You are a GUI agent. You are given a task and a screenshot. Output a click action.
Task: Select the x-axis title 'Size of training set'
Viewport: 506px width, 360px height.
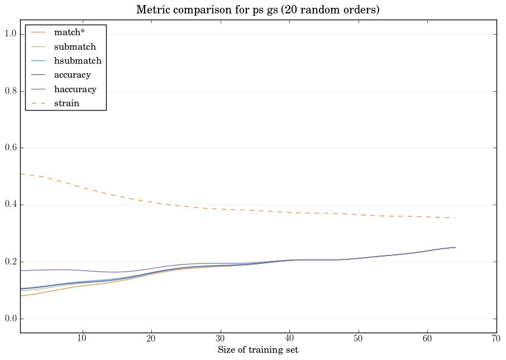(x=258, y=350)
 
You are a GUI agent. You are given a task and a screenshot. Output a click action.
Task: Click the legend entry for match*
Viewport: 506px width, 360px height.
(x=73, y=32)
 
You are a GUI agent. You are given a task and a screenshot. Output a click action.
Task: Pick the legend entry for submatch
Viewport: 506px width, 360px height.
(x=78, y=46)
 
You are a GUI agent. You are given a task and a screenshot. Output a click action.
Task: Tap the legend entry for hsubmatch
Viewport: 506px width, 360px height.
(x=81, y=60)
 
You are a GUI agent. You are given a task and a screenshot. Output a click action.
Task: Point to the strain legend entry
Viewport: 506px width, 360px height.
(x=70, y=103)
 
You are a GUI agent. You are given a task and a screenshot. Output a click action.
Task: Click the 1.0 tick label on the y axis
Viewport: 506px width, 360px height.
(x=11, y=34)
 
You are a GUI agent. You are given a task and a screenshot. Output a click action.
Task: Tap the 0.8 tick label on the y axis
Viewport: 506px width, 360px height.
(x=11, y=91)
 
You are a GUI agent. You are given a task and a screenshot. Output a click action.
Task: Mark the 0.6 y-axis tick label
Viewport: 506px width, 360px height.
(x=11, y=148)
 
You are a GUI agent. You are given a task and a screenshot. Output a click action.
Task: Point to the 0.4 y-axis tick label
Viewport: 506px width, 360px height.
(x=11, y=205)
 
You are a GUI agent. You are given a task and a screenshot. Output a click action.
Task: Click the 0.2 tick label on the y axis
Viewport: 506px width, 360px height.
(x=11, y=262)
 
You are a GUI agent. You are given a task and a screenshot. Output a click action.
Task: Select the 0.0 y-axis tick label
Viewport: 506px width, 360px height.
(x=11, y=319)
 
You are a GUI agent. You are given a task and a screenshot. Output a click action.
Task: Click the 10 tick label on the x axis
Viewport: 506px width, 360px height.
(x=82, y=339)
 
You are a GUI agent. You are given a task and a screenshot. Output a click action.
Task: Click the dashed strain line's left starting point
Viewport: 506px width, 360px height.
(x=21, y=174)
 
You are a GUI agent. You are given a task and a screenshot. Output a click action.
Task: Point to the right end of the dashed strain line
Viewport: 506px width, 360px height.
(x=455, y=218)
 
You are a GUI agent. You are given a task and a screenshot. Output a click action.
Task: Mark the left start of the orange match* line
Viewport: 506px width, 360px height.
(x=21, y=296)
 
